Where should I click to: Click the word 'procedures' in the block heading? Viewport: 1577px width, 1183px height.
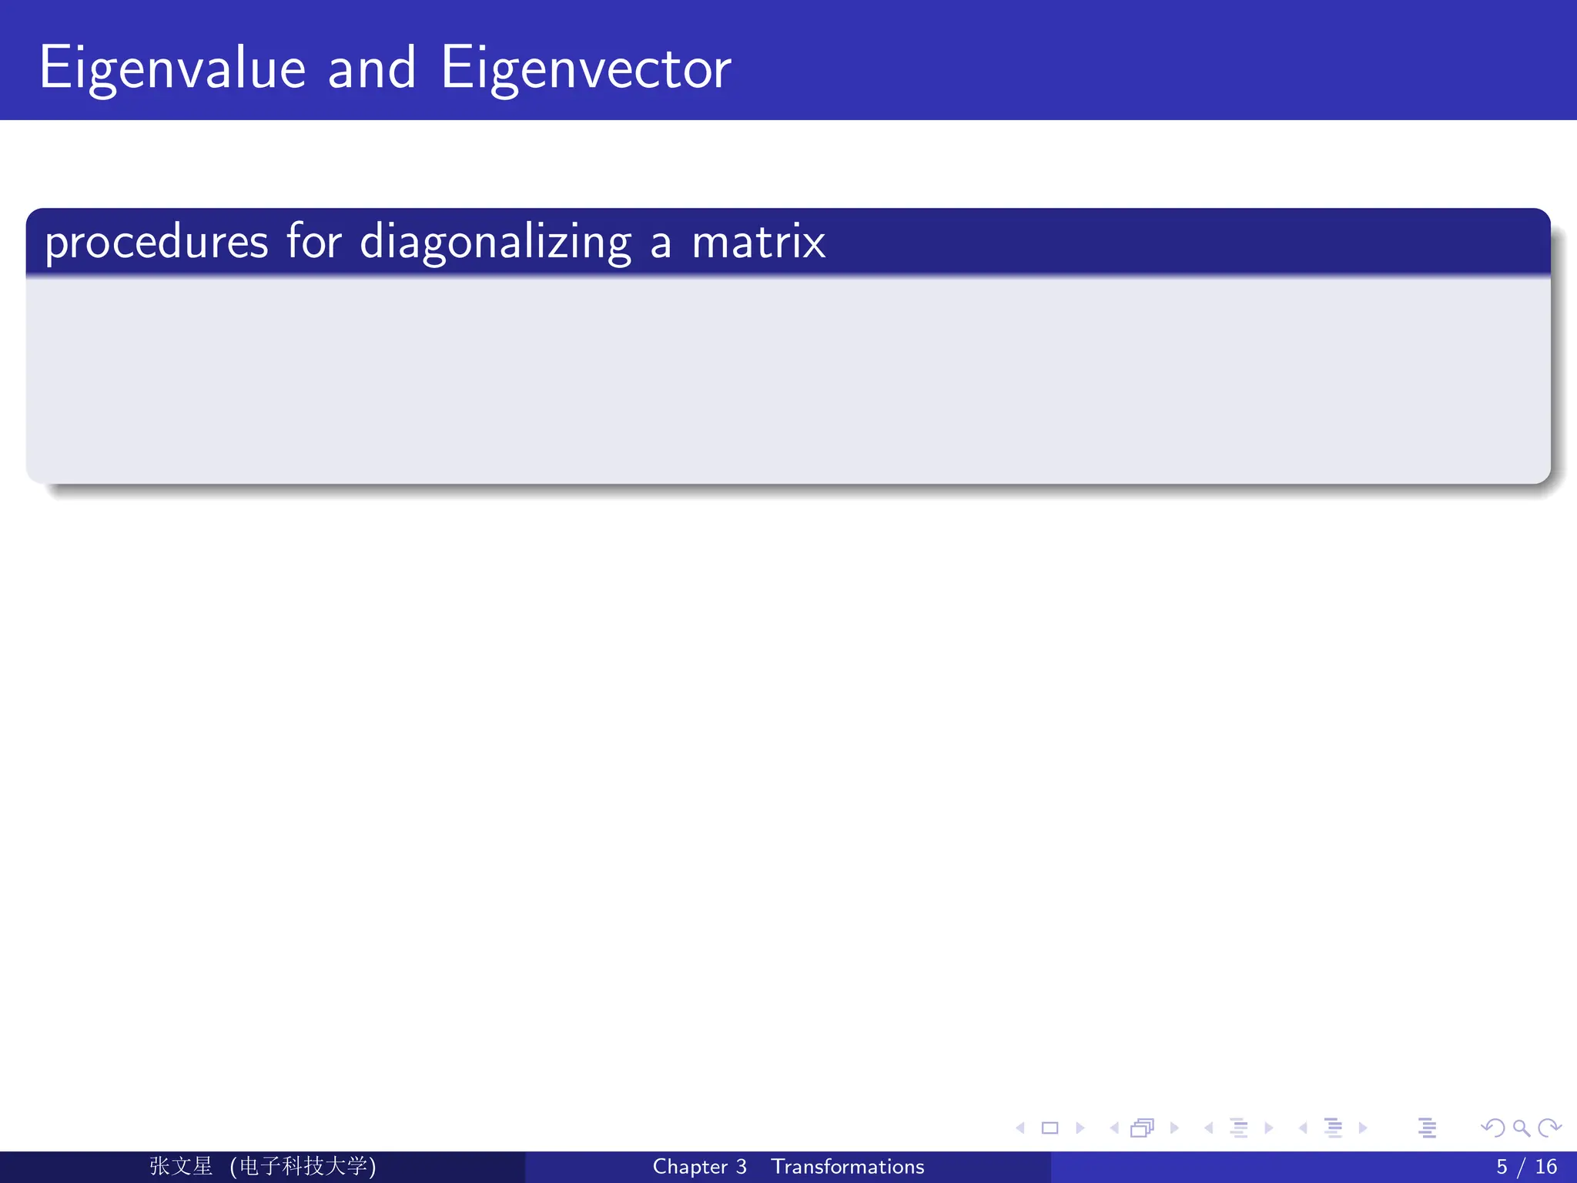click(156, 243)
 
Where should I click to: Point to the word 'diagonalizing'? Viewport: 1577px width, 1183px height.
click(495, 243)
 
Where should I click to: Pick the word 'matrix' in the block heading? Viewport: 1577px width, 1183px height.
click(758, 243)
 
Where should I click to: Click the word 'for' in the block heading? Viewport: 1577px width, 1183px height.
click(314, 243)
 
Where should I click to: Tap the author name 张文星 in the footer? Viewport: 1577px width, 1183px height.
click(181, 1166)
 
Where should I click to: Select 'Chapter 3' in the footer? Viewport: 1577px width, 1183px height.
click(699, 1167)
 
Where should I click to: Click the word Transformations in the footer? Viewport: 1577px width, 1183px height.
click(848, 1167)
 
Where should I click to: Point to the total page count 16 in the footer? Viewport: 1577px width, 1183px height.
click(1545, 1167)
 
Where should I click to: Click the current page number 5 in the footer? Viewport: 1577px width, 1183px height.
click(1502, 1167)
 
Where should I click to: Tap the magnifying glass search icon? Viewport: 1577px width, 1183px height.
click(1522, 1128)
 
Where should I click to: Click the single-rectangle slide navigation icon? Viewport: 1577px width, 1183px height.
click(1050, 1128)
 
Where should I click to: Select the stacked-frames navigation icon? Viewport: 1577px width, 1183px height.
click(1142, 1128)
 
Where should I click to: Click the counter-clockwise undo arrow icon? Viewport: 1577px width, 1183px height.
click(1492, 1128)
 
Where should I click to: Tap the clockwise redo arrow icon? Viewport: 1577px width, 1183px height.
click(1549, 1128)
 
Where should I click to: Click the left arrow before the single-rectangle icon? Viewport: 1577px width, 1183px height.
click(1021, 1128)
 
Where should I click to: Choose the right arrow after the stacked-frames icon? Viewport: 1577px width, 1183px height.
click(1174, 1128)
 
